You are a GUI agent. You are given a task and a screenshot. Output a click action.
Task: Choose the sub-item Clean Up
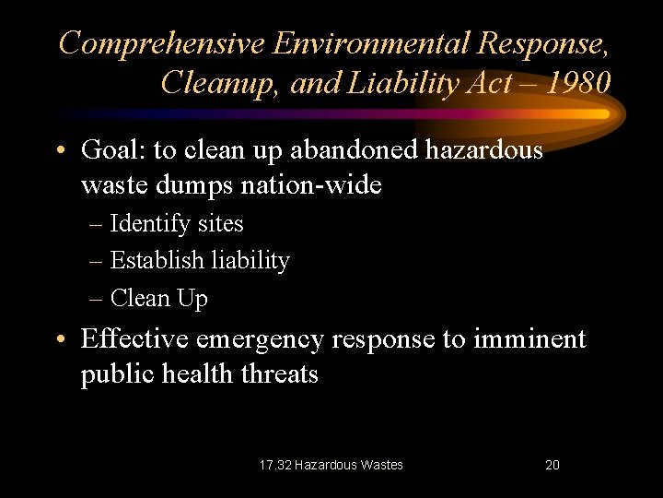158,299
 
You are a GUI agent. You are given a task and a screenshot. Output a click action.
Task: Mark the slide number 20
552,465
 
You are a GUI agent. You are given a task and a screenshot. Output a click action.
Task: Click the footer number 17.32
273,465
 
